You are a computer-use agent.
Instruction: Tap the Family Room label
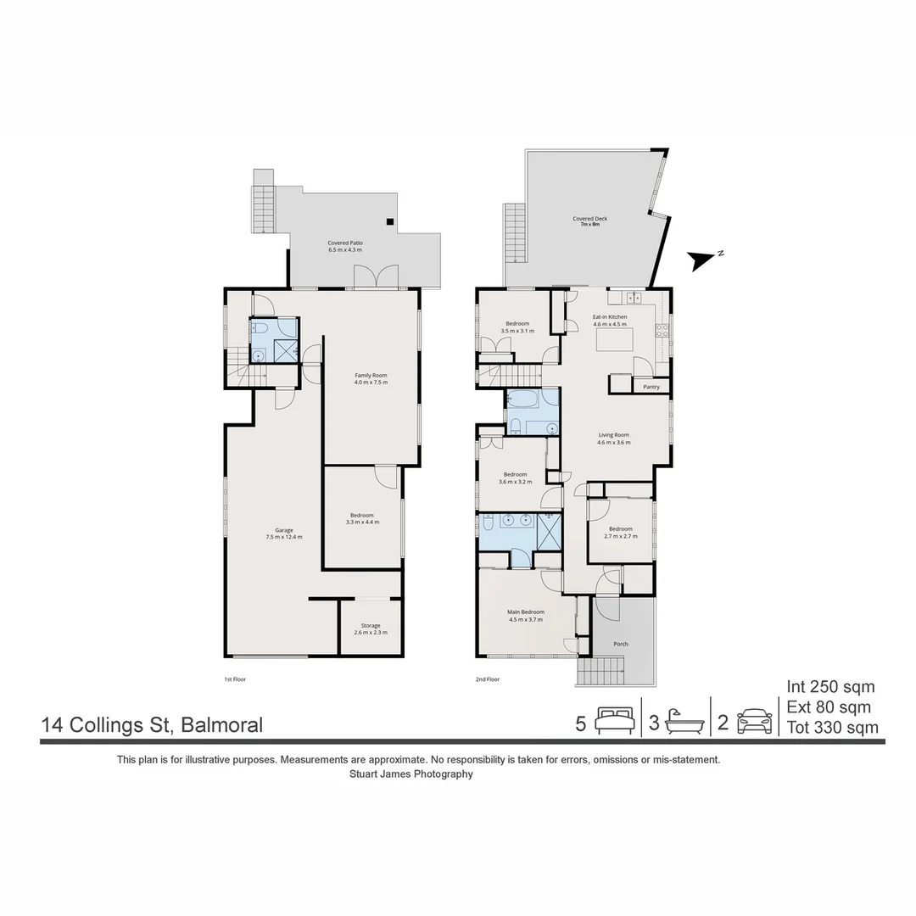point(371,378)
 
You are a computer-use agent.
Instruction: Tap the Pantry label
point(651,387)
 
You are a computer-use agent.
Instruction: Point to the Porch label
point(621,644)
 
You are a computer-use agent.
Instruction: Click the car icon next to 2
point(754,722)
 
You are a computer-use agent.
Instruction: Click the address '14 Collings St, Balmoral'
point(152,725)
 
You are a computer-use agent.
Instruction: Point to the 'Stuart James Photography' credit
point(411,774)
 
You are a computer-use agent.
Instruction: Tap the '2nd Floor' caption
point(488,679)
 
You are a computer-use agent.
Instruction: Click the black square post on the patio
point(389,222)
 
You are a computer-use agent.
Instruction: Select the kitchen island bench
point(615,340)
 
